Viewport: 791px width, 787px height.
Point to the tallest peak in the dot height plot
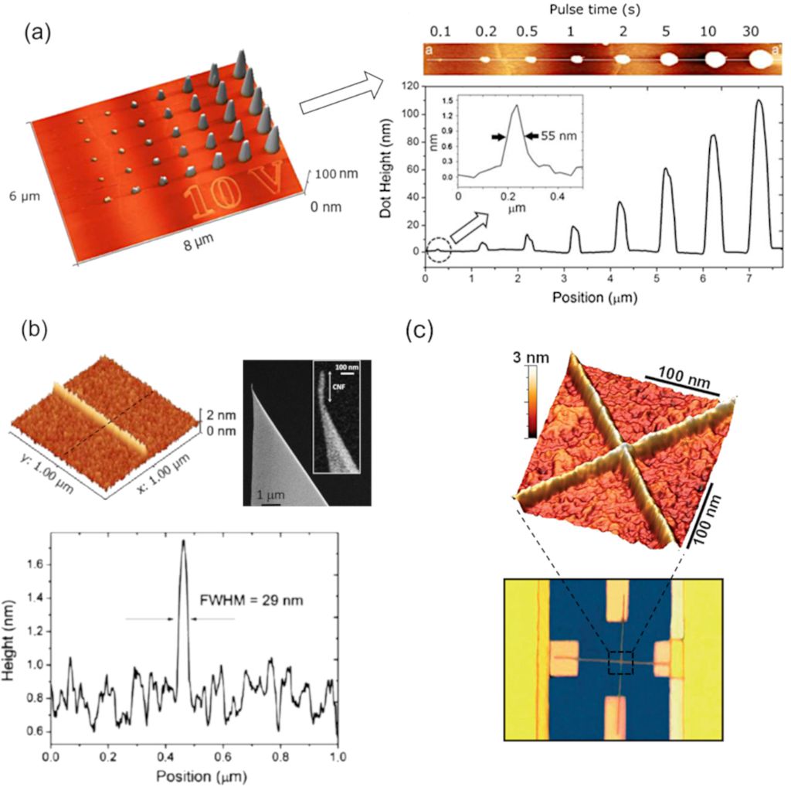(759, 101)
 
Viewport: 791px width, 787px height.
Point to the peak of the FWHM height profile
(183, 540)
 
